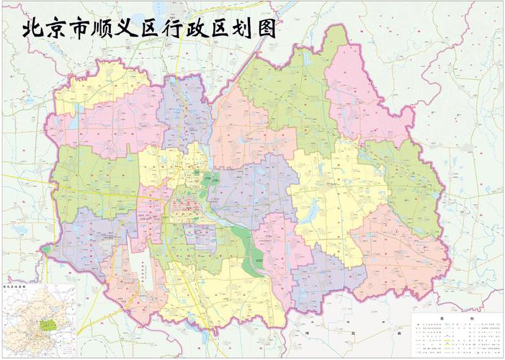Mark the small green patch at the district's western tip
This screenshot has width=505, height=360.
tap(48, 250)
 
